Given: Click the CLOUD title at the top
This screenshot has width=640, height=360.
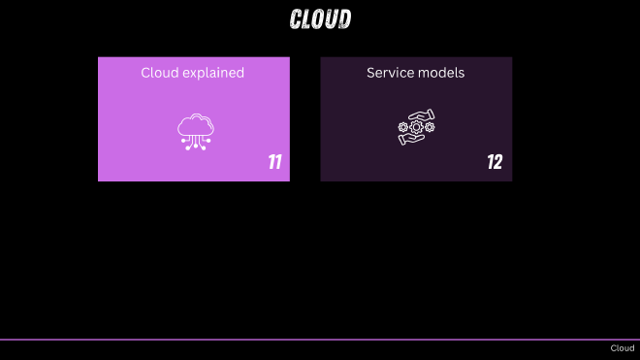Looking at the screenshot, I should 320,19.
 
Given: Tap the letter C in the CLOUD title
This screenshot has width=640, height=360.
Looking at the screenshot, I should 297,19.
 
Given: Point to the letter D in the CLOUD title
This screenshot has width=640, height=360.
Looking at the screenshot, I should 344,19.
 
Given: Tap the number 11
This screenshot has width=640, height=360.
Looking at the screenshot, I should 275,162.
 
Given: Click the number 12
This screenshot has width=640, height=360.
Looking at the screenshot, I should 495,162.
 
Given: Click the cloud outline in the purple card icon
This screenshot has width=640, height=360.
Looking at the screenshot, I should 196,124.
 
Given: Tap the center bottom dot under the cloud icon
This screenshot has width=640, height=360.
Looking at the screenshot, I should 196,148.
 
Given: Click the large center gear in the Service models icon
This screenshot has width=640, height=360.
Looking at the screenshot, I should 417,127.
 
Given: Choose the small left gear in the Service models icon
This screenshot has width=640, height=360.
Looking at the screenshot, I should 403,127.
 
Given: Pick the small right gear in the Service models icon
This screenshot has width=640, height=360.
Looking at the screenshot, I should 430,127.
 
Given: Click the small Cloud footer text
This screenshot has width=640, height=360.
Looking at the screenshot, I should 622,348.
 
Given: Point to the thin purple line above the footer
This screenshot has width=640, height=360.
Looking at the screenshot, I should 320,340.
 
